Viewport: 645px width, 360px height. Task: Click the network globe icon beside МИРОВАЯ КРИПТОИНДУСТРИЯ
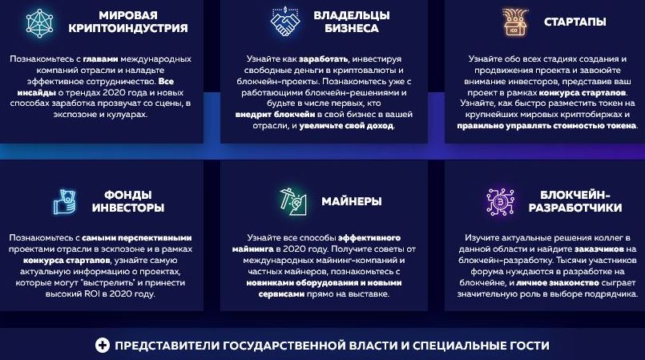tap(39, 22)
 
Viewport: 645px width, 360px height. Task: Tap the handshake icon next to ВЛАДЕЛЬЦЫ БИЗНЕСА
tap(285, 22)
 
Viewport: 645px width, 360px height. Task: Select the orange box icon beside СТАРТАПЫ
tap(514, 22)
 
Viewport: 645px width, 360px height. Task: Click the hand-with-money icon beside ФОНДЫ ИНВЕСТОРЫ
tap(65, 201)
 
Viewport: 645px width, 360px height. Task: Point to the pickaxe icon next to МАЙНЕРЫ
tap(293, 201)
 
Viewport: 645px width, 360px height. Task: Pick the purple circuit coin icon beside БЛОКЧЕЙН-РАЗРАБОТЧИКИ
tap(500, 201)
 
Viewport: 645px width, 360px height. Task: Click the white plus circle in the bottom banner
tap(103, 346)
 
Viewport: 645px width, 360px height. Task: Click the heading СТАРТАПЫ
tap(574, 22)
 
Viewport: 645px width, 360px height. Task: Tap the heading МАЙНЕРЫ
tap(351, 201)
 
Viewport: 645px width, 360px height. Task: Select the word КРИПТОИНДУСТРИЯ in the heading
tap(128, 28)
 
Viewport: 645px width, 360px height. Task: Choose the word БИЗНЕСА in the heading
tap(351, 28)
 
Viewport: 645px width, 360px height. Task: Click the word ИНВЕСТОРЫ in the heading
tap(128, 208)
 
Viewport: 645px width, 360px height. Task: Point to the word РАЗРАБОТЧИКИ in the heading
tap(575, 208)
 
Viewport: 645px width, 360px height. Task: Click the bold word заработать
tap(323, 59)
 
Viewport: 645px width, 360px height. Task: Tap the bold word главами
tap(100, 59)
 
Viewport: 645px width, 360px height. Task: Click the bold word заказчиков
tap(599, 249)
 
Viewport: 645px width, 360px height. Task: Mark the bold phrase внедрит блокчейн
tap(275, 115)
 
